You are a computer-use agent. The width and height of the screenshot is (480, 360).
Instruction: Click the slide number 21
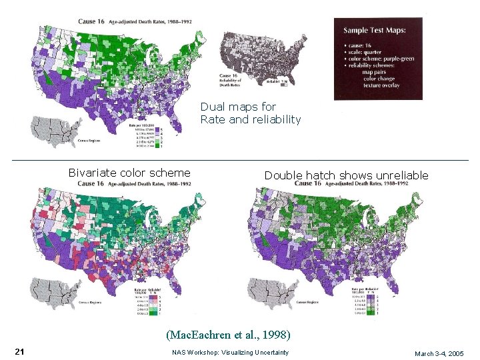pyautogui.click(x=19, y=351)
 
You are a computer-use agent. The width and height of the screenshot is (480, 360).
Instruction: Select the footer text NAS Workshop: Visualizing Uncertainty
pyautogui.click(x=230, y=352)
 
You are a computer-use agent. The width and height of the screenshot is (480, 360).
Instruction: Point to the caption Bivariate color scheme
pyautogui.click(x=129, y=173)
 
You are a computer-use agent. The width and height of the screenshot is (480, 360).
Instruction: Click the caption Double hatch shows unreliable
pyautogui.click(x=346, y=175)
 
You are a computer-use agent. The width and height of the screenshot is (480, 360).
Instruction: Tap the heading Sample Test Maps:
pyautogui.click(x=374, y=31)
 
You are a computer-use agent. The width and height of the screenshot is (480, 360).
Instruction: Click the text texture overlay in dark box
pyautogui.click(x=381, y=86)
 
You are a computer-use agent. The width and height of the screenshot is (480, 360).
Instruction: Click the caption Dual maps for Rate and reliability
pyautogui.click(x=250, y=113)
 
